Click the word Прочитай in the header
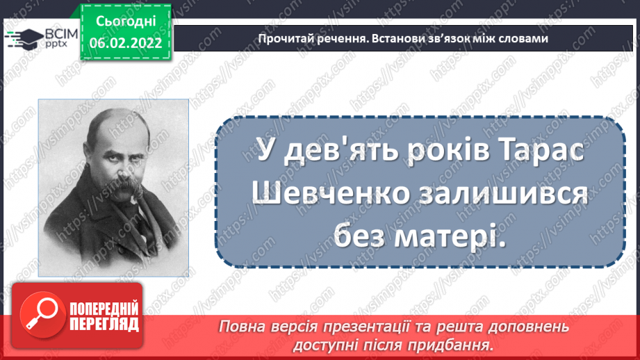[x=281, y=38]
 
